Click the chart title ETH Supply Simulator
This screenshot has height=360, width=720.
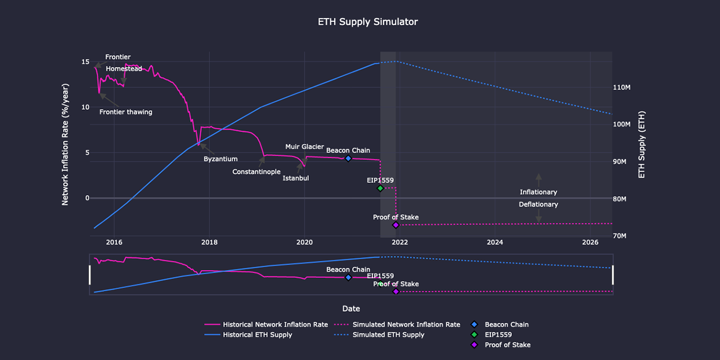pos(368,22)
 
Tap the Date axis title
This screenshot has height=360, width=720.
pos(351,308)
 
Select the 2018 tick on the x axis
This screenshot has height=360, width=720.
pos(209,242)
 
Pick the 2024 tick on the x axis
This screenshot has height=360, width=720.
pos(495,242)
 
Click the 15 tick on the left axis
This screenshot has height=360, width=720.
pos(85,62)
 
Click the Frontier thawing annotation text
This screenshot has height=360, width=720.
pos(126,112)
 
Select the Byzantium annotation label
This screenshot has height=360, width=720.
pos(220,159)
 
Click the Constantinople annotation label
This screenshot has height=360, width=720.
pos(256,172)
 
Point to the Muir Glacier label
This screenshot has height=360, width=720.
pos(304,147)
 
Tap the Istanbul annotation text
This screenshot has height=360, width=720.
pos(296,178)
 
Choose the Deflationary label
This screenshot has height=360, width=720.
pos(538,205)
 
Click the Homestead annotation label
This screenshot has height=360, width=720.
pos(124,69)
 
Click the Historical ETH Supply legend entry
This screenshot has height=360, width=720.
pos(257,335)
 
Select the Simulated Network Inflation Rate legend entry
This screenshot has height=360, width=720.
pos(406,325)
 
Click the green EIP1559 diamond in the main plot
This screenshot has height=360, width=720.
pos(380,188)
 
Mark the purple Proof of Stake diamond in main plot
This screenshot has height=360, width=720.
pos(396,225)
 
